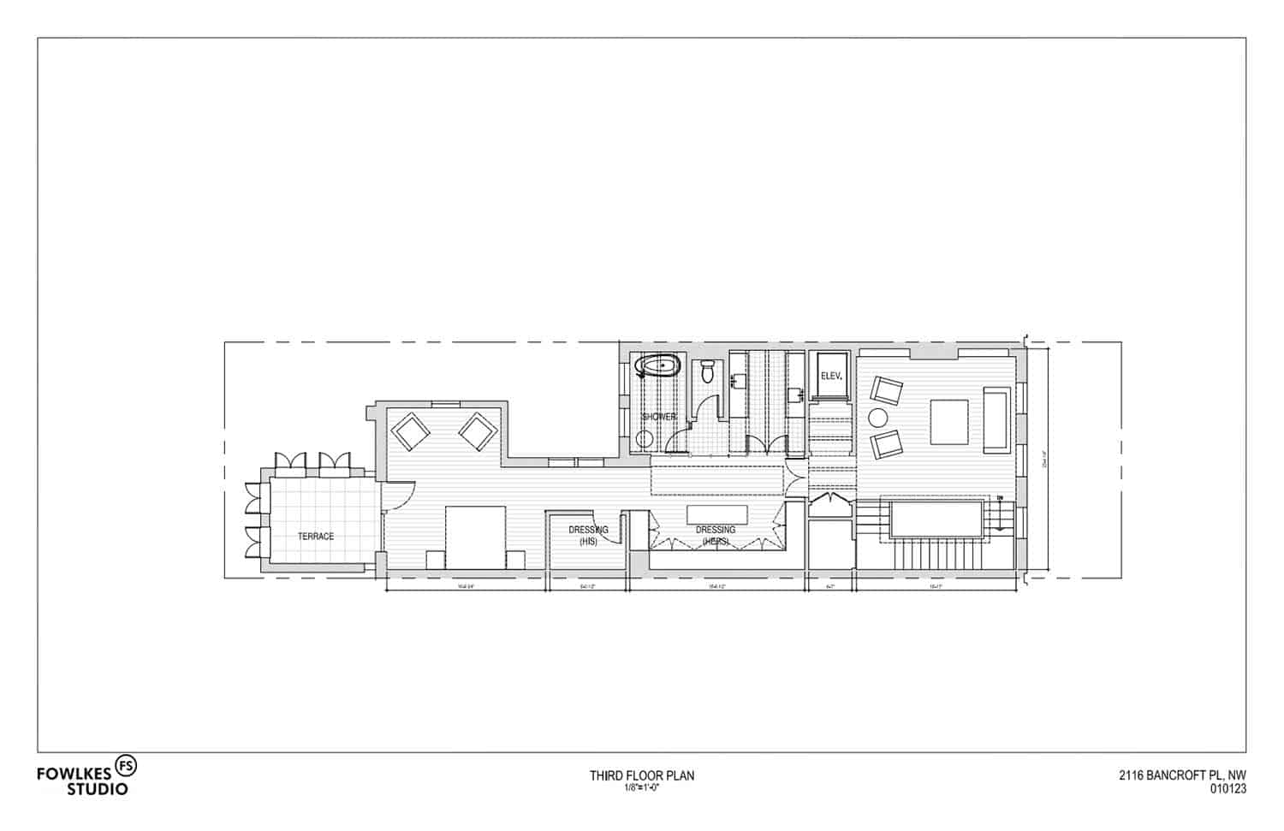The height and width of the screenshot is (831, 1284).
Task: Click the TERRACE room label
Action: (315, 537)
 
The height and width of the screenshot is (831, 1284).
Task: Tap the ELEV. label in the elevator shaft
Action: (831, 376)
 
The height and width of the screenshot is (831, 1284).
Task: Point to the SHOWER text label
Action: (659, 417)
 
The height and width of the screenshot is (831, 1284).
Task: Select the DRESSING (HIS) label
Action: (588, 535)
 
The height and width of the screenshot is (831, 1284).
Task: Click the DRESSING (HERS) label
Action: (715, 535)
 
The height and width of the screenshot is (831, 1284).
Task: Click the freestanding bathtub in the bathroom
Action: (657, 368)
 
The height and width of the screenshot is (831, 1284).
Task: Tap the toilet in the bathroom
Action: (707, 371)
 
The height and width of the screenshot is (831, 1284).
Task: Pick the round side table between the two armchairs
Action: (878, 418)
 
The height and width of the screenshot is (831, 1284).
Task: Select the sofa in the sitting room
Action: (996, 419)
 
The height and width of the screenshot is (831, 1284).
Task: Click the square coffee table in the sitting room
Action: (948, 422)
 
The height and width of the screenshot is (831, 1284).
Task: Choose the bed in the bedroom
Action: (476, 537)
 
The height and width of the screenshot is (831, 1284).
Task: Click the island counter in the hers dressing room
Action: (716, 514)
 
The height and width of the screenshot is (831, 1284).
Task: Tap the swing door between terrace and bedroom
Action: (395, 496)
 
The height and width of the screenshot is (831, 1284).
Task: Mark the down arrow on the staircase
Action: (999, 499)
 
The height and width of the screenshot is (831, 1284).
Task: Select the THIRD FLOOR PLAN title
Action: (641, 775)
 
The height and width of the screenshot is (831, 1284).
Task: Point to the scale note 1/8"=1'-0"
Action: (641, 787)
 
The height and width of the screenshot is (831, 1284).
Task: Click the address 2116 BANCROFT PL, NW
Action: (1182, 776)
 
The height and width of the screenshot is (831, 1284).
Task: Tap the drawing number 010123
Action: (1228, 790)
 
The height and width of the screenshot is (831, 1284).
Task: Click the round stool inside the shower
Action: (644, 439)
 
